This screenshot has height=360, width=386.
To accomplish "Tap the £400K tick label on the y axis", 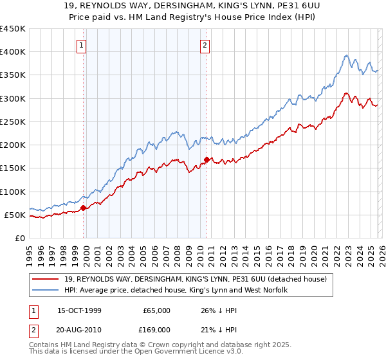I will [x=13, y=52].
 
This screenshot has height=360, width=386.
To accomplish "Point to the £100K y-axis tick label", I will [x=13, y=192].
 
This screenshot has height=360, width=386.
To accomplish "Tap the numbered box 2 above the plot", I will [x=205, y=45].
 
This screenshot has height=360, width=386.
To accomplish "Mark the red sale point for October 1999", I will [x=84, y=208].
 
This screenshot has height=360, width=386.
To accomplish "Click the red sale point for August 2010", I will [x=207, y=159].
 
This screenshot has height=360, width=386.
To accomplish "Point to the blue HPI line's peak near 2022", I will [x=346, y=56].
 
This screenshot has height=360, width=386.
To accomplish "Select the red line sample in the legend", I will [x=46, y=279].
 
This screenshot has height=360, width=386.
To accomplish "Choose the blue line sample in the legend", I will [x=46, y=291].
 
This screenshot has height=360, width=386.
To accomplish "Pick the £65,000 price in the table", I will [x=156, y=310].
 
